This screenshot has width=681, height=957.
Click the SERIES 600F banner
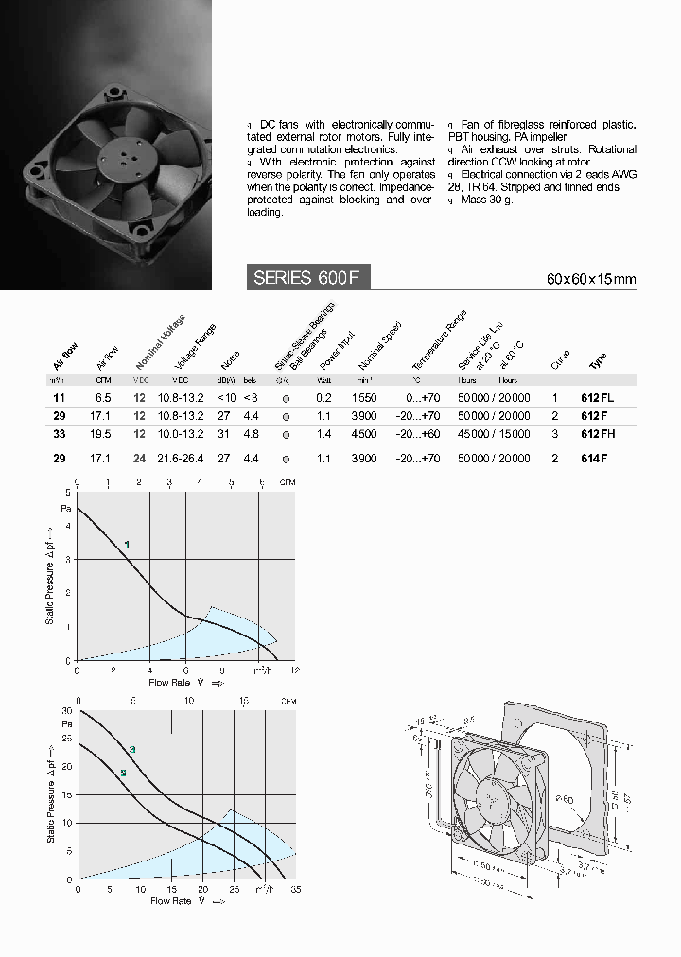coord(307,277)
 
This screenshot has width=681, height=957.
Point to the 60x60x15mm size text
coord(591,279)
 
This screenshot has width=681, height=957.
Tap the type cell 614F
coord(593,459)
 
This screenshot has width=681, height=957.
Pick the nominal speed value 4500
coord(364,434)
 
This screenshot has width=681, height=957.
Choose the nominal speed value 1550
coord(364,398)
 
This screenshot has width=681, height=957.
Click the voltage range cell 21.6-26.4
coord(181,459)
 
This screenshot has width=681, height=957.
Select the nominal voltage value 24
coord(140,459)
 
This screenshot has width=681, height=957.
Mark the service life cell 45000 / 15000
coord(494,434)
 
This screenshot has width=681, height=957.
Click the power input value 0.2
coord(323,398)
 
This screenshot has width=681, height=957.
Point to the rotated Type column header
coord(598,361)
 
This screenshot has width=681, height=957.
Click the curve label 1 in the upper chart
coord(127,544)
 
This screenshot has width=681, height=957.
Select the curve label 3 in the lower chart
coord(132,750)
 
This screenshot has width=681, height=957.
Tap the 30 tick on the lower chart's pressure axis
coord(66,710)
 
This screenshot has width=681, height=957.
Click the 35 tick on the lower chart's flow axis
coord(296,890)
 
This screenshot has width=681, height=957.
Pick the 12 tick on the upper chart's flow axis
coord(295,670)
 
